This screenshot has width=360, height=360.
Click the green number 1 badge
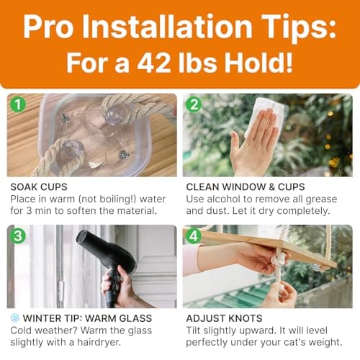[18, 104]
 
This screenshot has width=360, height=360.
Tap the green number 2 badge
[193, 104]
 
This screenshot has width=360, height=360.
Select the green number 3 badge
[18, 235]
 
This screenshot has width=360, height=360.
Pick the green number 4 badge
[193, 235]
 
